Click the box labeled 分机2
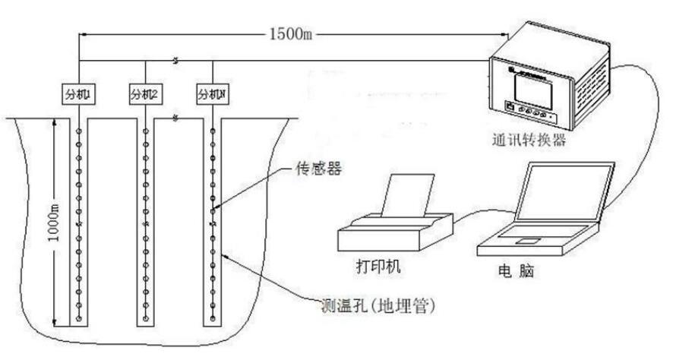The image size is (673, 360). pyautogui.click(x=145, y=95)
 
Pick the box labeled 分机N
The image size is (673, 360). pyautogui.click(x=212, y=95)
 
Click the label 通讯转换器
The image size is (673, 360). pyautogui.click(x=529, y=141)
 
